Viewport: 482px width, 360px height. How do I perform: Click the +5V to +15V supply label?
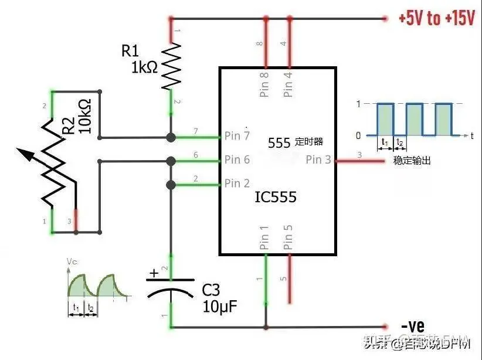[436, 18]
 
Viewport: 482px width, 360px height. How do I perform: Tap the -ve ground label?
[413, 325]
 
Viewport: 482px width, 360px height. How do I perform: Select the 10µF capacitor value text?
[220, 305]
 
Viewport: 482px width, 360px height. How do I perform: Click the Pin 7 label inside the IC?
[237, 136]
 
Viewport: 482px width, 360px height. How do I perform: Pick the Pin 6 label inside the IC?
[237, 159]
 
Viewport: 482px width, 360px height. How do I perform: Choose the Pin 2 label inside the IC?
[237, 184]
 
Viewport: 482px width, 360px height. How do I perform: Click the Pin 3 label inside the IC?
[318, 159]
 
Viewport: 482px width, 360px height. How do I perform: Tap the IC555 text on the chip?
[275, 198]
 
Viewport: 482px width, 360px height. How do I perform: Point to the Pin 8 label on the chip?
[264, 84]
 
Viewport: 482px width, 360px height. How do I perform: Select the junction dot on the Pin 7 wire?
[171, 137]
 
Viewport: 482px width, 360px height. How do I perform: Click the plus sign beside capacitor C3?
[154, 273]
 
